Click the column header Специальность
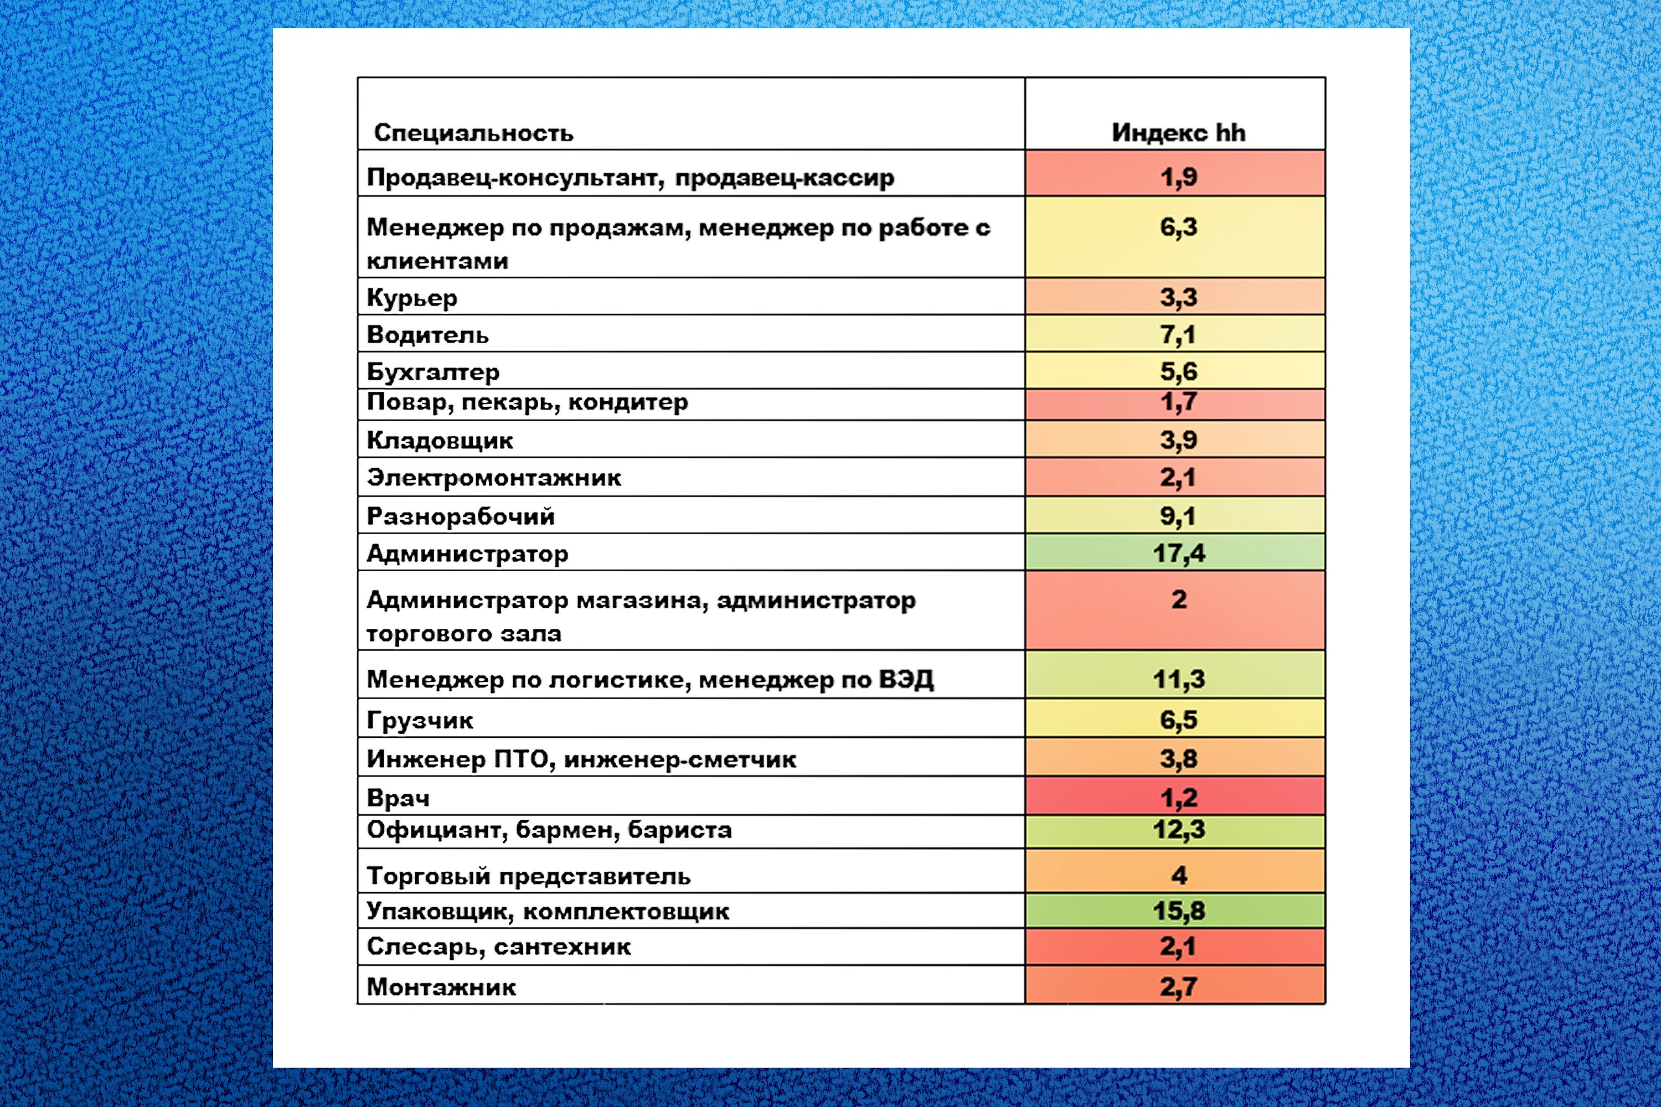(x=473, y=133)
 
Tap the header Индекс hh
(x=1178, y=133)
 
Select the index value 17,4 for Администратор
(x=1178, y=553)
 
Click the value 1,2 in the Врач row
(x=1178, y=798)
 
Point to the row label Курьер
(x=412, y=298)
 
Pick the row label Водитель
(x=427, y=335)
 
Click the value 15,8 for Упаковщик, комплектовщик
(x=1178, y=911)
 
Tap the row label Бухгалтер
(x=433, y=372)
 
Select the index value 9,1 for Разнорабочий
(x=1178, y=516)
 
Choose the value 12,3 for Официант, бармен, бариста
(x=1178, y=830)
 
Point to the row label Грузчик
(x=420, y=721)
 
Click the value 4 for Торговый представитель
(x=1179, y=876)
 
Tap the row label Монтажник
(x=441, y=987)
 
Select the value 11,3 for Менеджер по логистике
(x=1178, y=679)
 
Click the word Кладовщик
(x=439, y=441)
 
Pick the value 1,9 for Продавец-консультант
(x=1178, y=177)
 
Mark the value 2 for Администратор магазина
(x=1179, y=599)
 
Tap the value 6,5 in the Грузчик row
(x=1178, y=720)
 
